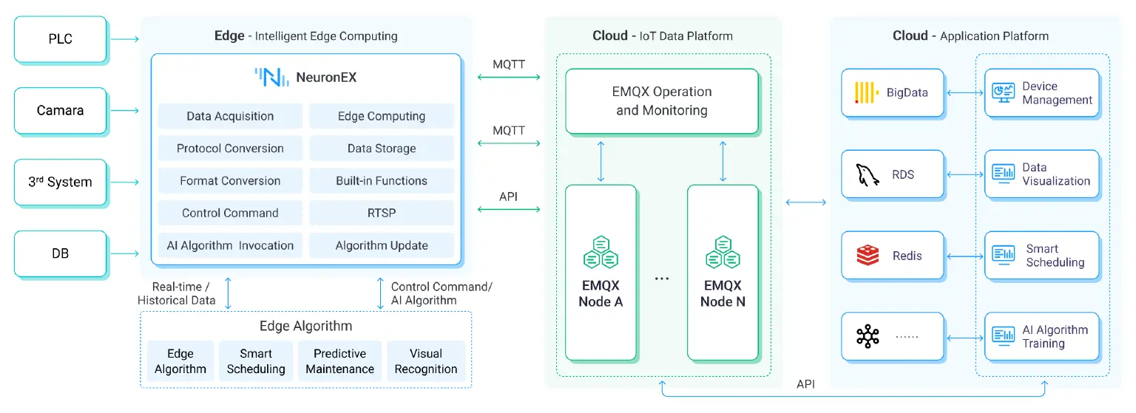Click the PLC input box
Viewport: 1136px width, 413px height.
click(x=61, y=38)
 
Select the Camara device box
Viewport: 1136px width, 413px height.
click(x=61, y=111)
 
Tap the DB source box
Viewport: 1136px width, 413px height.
click(x=61, y=253)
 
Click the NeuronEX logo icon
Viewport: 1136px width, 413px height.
click(x=271, y=77)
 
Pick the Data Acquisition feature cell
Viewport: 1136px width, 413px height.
click(x=230, y=116)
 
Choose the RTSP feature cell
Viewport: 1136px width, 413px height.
click(x=382, y=213)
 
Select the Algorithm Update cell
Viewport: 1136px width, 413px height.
click(x=382, y=245)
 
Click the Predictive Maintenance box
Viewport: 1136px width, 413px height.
click(x=340, y=361)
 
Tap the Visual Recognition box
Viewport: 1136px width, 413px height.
click(x=426, y=361)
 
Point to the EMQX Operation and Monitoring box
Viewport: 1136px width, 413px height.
click(x=663, y=101)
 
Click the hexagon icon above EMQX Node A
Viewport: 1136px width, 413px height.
click(x=601, y=252)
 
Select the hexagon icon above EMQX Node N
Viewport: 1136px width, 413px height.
click(x=723, y=252)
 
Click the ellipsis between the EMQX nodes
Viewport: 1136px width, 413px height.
click(x=662, y=279)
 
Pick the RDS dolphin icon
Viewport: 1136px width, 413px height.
click(x=867, y=175)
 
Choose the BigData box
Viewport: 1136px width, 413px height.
click(x=893, y=93)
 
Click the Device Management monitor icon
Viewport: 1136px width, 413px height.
click(x=1002, y=93)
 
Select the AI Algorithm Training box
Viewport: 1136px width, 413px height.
click(x=1041, y=337)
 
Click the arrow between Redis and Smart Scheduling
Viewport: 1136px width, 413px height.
click(x=964, y=256)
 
